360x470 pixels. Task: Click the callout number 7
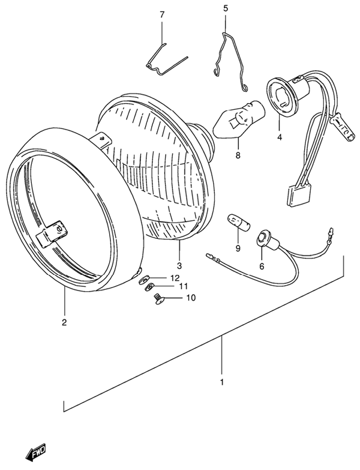(x=162, y=14)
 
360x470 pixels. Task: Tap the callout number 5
(x=226, y=8)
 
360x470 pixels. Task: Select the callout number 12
(x=175, y=278)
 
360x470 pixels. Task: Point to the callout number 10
(x=190, y=298)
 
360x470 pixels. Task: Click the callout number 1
(x=221, y=382)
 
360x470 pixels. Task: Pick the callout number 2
(x=64, y=322)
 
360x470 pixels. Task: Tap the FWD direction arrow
(x=35, y=451)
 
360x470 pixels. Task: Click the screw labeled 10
(x=158, y=299)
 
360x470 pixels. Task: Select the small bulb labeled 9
(x=239, y=222)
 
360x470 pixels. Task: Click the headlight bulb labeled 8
(x=239, y=118)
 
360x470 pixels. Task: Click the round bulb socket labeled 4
(x=280, y=96)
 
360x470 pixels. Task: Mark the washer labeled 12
(x=144, y=280)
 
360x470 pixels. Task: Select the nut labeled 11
(x=149, y=288)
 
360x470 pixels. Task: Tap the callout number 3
(x=179, y=265)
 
